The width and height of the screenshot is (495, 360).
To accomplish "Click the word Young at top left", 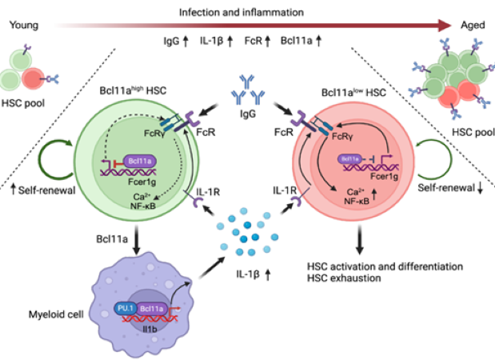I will pos(23,26).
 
